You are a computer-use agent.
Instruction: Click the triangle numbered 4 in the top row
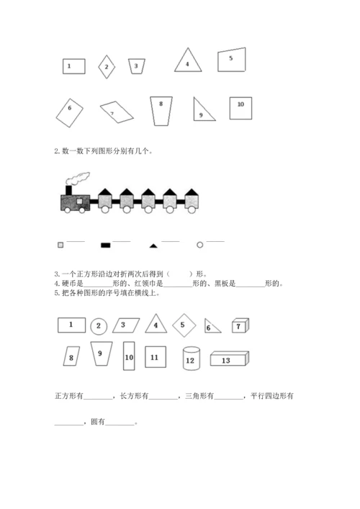coord(188,60)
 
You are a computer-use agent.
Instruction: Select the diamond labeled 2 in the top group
coord(107,67)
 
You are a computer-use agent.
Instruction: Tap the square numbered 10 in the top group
coord(240,108)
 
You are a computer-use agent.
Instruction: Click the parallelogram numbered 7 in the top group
coord(117,112)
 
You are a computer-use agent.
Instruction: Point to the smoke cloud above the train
coord(78,179)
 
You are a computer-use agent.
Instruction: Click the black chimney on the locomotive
coord(69,190)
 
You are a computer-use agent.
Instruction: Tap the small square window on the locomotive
coord(79,202)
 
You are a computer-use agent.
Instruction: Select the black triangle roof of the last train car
coord(192,192)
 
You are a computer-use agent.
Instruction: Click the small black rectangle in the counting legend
coord(106,245)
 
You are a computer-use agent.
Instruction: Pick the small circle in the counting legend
coord(200,245)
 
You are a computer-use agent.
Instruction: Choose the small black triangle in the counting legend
coord(153,246)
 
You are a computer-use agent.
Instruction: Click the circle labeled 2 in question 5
coord(99,326)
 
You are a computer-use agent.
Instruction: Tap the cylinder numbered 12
coord(192,359)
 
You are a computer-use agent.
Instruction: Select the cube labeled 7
coord(240,325)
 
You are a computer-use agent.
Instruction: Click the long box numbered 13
coord(230,359)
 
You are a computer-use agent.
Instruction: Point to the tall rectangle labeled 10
coord(129,356)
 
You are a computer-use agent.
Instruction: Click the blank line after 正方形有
coord(98,399)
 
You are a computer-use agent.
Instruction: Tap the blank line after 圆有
coord(120,425)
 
